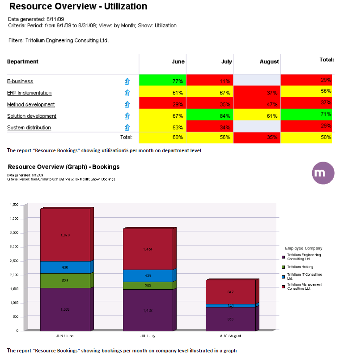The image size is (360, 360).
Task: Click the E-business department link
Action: (x=20, y=81)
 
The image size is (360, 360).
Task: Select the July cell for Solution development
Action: (x=210, y=116)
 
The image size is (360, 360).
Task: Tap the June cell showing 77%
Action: (x=162, y=81)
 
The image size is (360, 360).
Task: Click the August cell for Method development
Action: (x=257, y=104)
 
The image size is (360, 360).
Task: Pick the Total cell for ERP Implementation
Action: (x=307, y=92)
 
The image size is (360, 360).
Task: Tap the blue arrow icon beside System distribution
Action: (x=127, y=128)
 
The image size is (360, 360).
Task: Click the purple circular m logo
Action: (x=323, y=173)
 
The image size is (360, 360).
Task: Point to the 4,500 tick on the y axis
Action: (x=13, y=205)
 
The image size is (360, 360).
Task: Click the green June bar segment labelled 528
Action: (x=65, y=280)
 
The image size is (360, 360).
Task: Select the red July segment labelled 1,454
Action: (x=148, y=249)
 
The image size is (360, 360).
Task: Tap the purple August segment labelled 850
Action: (x=230, y=319)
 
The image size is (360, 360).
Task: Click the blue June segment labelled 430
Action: (x=65, y=267)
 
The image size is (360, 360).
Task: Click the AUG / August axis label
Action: (x=230, y=335)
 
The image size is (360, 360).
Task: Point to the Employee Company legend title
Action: (x=303, y=248)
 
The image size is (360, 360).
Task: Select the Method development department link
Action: (x=31, y=105)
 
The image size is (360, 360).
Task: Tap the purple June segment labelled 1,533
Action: (x=65, y=309)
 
